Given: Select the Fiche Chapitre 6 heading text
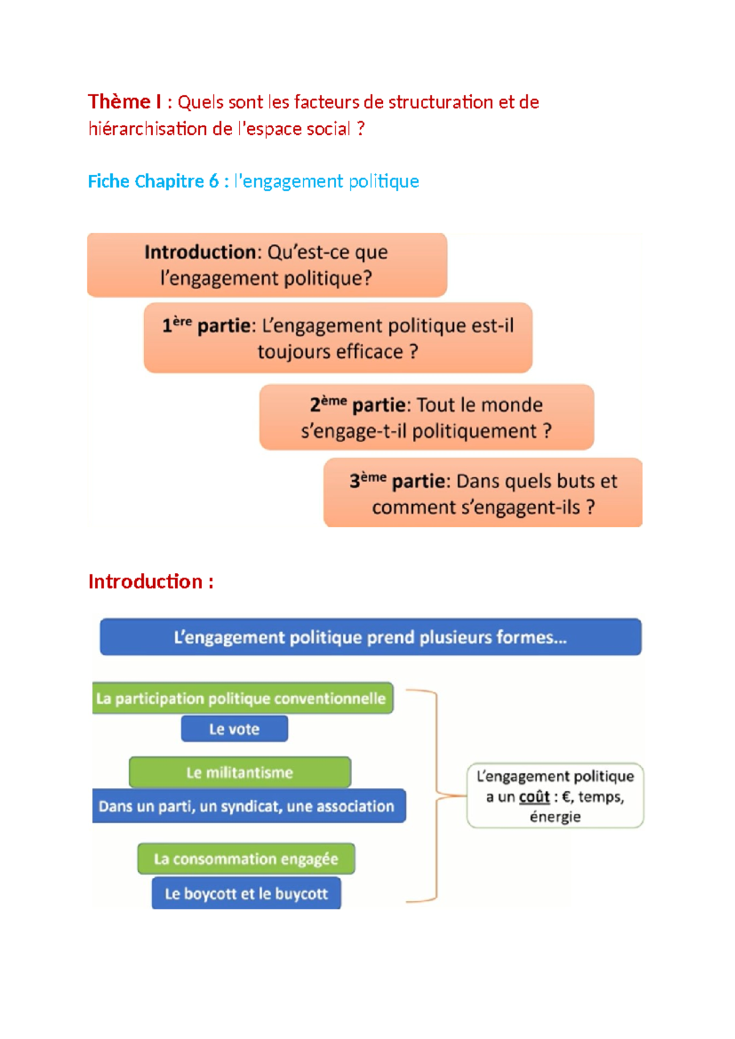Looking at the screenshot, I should pos(153,181).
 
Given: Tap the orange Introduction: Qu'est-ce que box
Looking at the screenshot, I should pos(266,265).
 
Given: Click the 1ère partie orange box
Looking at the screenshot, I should pos(337,338).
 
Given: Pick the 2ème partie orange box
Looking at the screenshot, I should pos(426,417).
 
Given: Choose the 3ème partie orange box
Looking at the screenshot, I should pos(483,493).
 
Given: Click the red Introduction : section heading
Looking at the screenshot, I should pos(151,581).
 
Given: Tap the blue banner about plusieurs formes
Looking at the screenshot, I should pos(371,637).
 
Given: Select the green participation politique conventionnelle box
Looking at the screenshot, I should pos(242,698).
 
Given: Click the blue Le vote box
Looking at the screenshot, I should pos(234,729).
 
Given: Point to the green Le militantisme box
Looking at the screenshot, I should pos(239,773).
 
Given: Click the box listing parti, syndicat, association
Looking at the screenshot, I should pos(247,806).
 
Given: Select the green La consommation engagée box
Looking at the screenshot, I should pos(246,859).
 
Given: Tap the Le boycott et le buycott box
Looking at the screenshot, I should pos(246,894).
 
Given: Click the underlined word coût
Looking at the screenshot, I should pos(534,797).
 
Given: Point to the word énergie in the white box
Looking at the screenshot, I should pos(555,817).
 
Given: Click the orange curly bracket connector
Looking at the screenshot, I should pos(436,796).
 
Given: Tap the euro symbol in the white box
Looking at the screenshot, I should pos(566,797).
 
